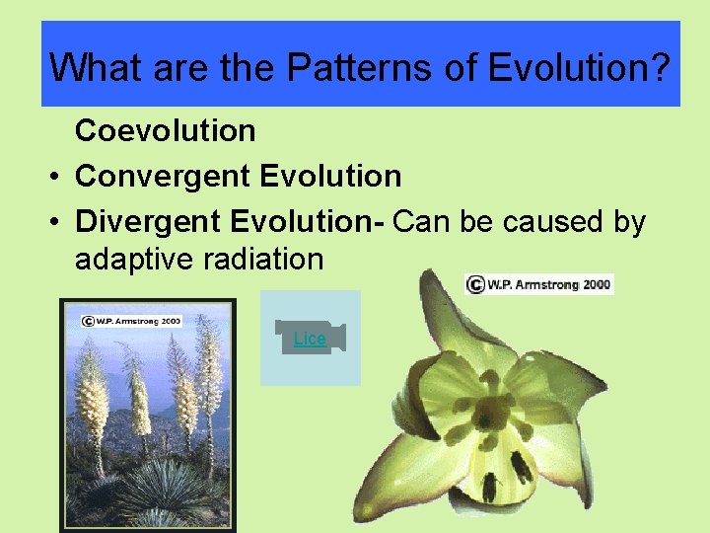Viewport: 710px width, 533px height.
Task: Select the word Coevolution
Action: (x=166, y=130)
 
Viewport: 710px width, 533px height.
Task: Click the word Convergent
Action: (x=163, y=176)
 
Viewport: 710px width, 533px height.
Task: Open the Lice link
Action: (x=310, y=339)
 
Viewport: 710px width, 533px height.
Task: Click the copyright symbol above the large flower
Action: (x=475, y=284)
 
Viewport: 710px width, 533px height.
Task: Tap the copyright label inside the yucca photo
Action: (x=132, y=320)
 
